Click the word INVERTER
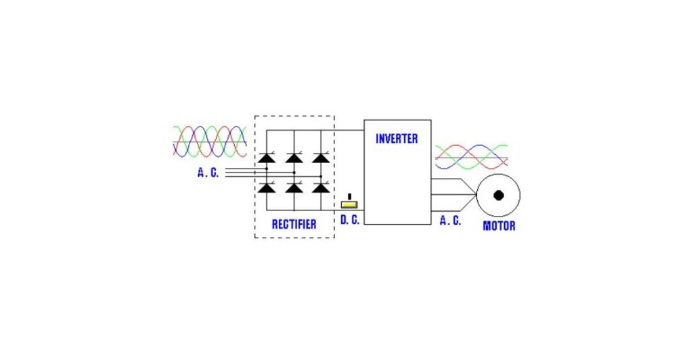point(397,139)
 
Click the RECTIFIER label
point(294,225)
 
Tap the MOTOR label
point(499,226)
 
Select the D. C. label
point(350,220)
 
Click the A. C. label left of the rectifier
point(208,173)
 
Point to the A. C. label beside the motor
point(450,221)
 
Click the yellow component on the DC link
point(349,204)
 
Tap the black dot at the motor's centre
point(499,196)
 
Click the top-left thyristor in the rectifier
point(267,158)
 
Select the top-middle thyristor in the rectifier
point(294,158)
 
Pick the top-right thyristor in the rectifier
point(321,158)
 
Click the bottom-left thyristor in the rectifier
point(267,187)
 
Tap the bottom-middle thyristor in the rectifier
point(294,187)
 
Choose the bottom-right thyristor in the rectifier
point(321,187)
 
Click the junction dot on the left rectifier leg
point(267,168)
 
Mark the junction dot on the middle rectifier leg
point(294,173)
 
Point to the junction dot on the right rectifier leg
point(321,176)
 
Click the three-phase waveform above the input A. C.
point(210,142)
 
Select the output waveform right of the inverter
point(471,157)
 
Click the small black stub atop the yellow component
point(350,197)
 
